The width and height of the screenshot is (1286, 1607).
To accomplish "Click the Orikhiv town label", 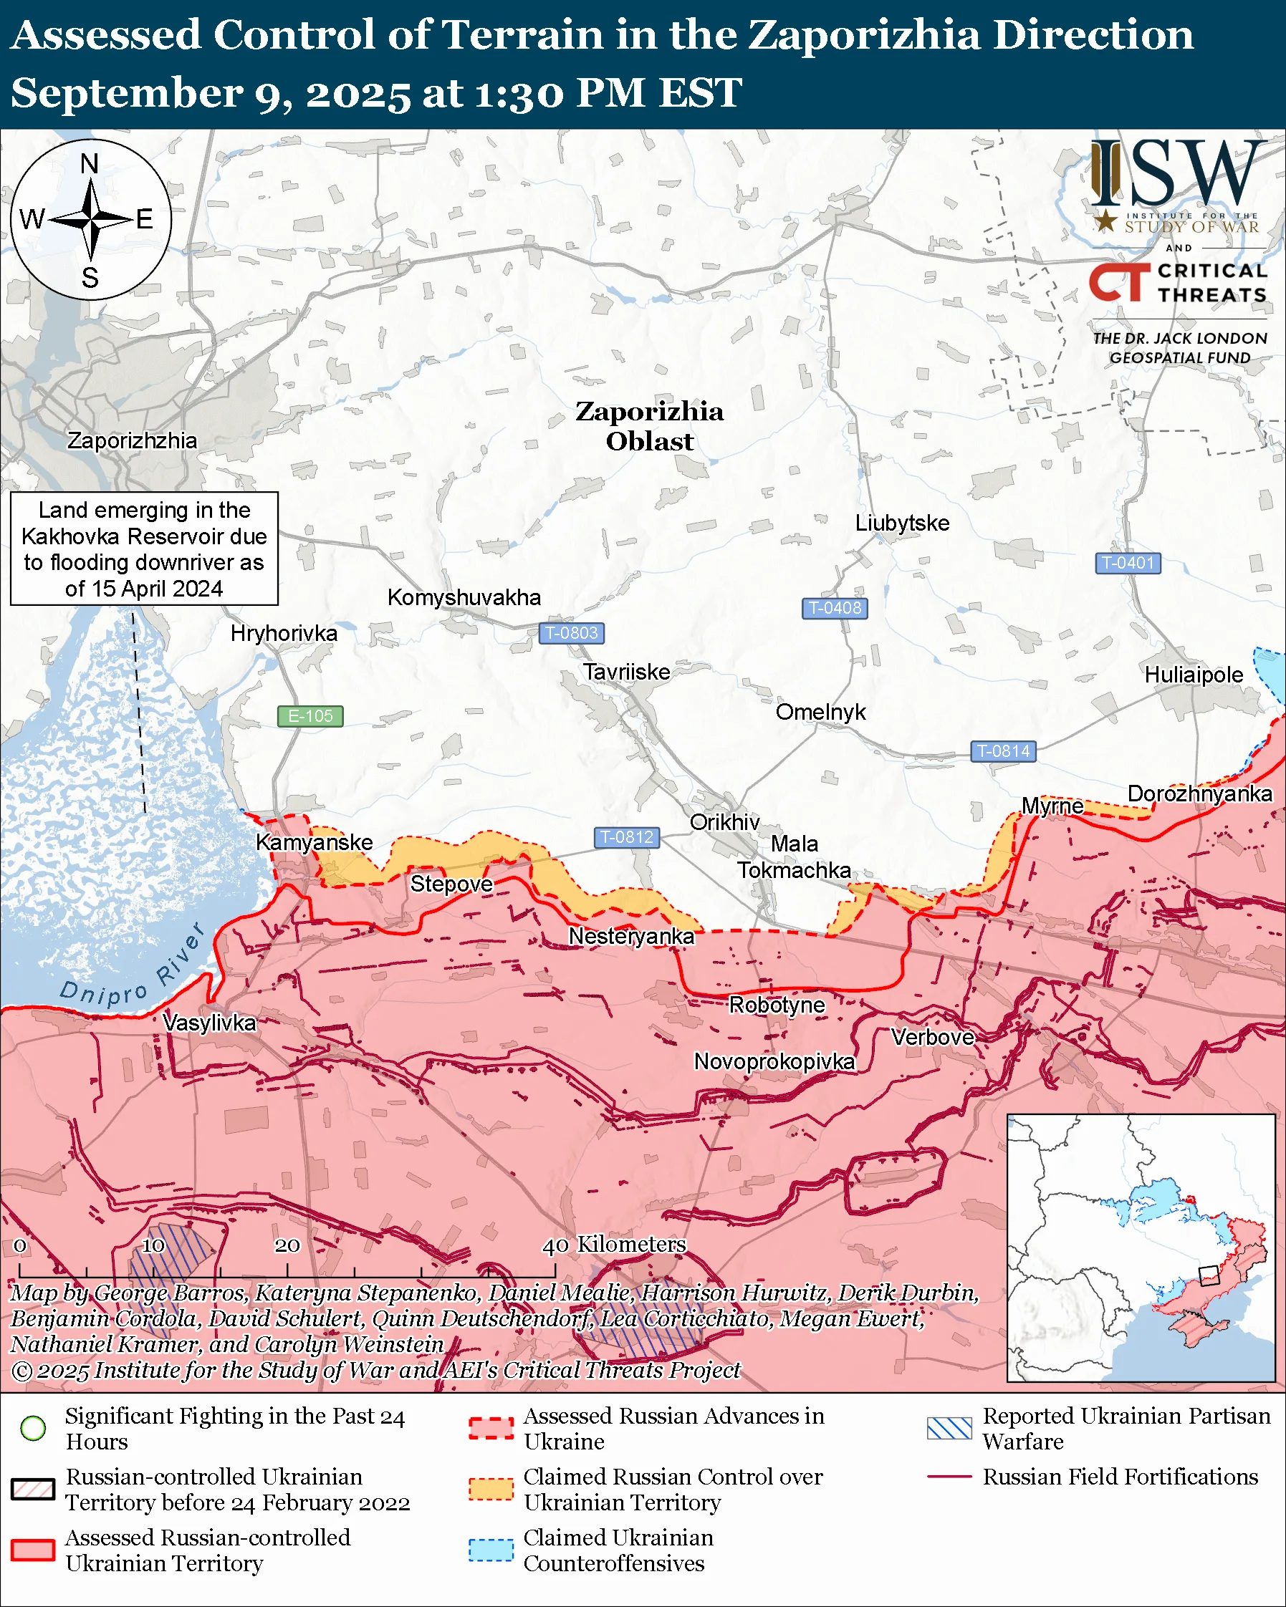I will pyautogui.click(x=724, y=822).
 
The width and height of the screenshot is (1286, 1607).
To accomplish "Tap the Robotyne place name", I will pyautogui.click(x=776, y=1005).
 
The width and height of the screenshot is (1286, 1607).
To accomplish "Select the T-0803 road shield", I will pyautogui.click(x=571, y=633).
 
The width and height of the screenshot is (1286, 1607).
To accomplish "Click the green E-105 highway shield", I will pyautogui.click(x=310, y=715).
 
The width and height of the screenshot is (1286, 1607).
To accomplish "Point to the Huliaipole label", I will pyautogui.click(x=1193, y=675).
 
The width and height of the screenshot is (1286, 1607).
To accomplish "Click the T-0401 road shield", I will pyautogui.click(x=1127, y=563).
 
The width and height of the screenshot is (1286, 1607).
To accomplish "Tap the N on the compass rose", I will pyautogui.click(x=90, y=163).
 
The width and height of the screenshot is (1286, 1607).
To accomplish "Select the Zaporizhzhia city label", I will pyautogui.click(x=132, y=440).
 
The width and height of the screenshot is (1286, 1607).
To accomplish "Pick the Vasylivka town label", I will pyautogui.click(x=208, y=1023).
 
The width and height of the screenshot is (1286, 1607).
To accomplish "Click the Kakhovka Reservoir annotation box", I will pyautogui.click(x=144, y=549).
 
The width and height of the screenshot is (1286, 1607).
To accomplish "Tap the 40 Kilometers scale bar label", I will pyautogui.click(x=613, y=1244).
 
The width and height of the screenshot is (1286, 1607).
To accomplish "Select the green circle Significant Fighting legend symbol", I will pyautogui.click(x=33, y=1428).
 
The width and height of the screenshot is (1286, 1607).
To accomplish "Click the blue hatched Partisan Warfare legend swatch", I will pyautogui.click(x=949, y=1428).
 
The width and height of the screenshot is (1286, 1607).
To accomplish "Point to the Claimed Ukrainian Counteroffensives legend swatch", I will pyautogui.click(x=491, y=1550).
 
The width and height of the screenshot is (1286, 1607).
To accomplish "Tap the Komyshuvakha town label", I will pyautogui.click(x=464, y=597).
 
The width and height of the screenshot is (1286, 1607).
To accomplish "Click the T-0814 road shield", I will pyautogui.click(x=1003, y=751).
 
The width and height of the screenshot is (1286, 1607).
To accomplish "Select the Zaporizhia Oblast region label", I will pyautogui.click(x=648, y=425).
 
